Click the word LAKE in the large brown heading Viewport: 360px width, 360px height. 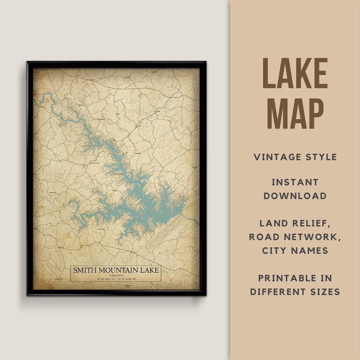point(295,74)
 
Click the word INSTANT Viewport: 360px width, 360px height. point(295,182)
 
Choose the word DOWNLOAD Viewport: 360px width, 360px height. point(295,196)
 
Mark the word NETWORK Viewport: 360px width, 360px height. point(317,237)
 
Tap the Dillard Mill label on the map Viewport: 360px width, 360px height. point(53,193)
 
